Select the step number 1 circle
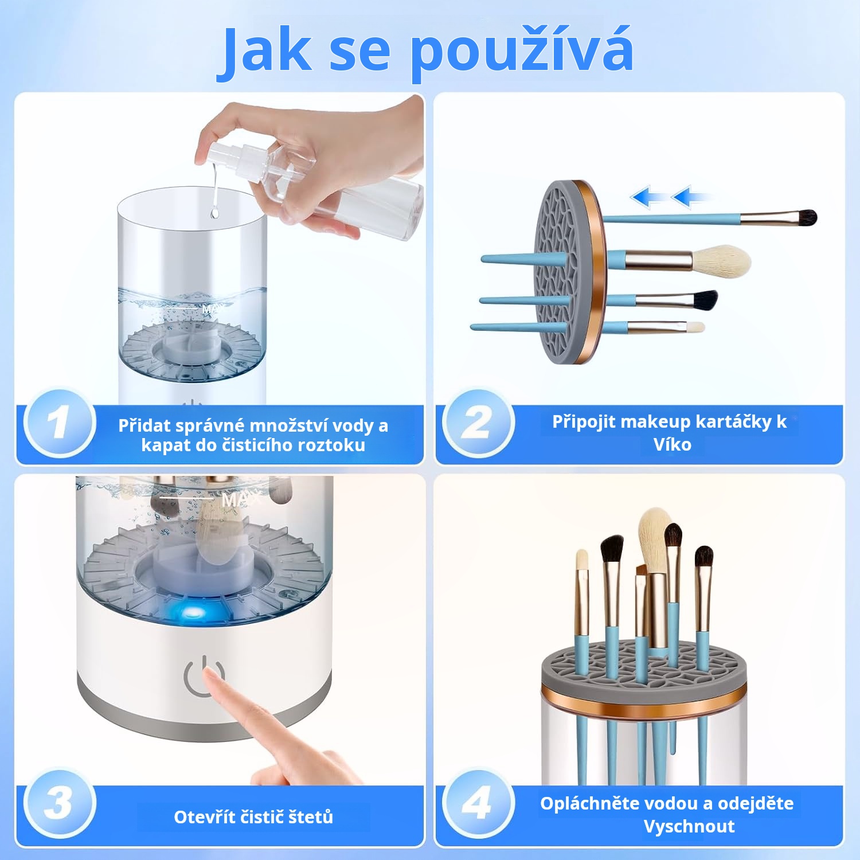[x=59, y=423]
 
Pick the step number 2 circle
[x=478, y=423]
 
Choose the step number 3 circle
[x=59, y=803]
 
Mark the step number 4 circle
[x=478, y=803]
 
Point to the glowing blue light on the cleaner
[x=191, y=613]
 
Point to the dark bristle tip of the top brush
[x=805, y=217]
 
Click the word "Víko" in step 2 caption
[x=672, y=444]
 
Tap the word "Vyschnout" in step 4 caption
[x=689, y=826]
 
